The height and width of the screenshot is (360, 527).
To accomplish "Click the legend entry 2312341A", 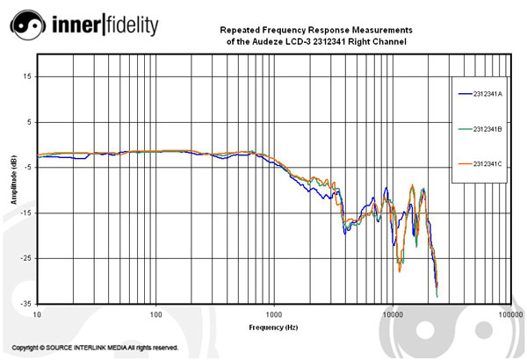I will point(486,93).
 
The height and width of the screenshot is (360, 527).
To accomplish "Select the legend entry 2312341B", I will point(486,129).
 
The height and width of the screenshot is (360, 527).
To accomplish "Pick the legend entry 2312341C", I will point(486,164).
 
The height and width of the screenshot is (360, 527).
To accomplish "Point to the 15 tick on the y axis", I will point(27,76).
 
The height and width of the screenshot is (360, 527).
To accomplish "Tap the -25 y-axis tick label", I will point(26,258).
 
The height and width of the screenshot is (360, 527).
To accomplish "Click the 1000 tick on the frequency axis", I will point(274,313).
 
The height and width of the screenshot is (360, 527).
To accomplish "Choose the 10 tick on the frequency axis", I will point(37,313).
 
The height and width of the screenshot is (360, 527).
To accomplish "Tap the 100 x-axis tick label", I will point(155,313).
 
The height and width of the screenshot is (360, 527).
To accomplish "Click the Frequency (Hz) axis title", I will point(273,326).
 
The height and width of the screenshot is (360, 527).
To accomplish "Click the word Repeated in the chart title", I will point(237,30).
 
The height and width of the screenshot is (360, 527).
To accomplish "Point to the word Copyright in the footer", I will point(29,348).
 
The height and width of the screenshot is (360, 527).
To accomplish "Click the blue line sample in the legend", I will point(463,93).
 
